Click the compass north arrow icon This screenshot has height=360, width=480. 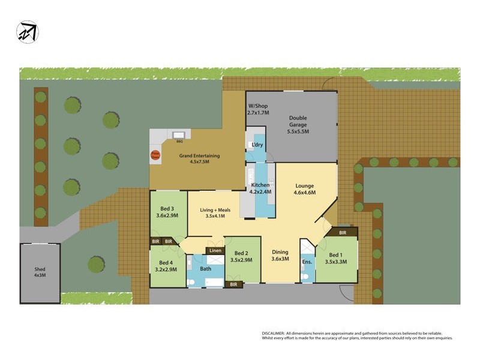[x=28, y=32]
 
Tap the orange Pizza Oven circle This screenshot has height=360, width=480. [x=155, y=155]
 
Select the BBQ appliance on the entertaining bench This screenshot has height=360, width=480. [x=179, y=136]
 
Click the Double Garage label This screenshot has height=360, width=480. [x=298, y=124]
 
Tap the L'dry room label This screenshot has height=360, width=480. [x=257, y=145]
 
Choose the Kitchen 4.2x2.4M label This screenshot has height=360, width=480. [x=261, y=188]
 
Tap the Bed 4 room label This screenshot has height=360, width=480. [x=166, y=266]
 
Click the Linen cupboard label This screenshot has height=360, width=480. [x=215, y=250]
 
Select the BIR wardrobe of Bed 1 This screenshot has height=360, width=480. [x=342, y=232]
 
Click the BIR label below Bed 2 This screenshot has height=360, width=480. [x=233, y=284]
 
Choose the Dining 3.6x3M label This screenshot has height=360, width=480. [x=280, y=256]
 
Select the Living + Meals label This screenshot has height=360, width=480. [x=215, y=212]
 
